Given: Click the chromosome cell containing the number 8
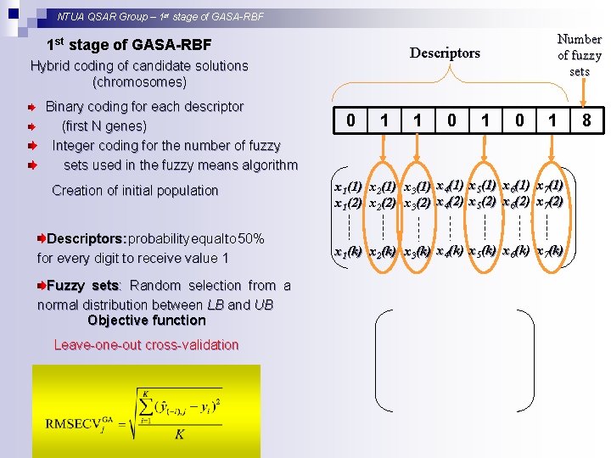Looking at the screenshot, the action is point(586,121).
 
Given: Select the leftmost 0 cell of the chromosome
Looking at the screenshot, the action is point(350,121).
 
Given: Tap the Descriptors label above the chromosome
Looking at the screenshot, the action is point(445,53).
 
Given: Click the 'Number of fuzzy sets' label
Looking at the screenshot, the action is point(580,55).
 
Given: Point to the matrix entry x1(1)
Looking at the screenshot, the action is point(348,187).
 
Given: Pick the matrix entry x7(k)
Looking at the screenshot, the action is point(550,251).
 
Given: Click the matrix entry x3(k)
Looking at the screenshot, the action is point(417,252).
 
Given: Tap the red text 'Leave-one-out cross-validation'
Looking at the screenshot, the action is point(146,345).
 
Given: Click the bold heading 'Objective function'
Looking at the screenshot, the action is point(146,321).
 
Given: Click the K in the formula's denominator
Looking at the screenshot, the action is point(179,433).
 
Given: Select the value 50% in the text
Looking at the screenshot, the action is point(249,239).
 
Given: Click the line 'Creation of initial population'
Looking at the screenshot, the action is point(135,191).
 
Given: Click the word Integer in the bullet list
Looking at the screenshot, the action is point(75,146).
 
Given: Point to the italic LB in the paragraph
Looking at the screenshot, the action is point(216,304).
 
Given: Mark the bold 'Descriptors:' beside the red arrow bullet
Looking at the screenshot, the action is point(87,239).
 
